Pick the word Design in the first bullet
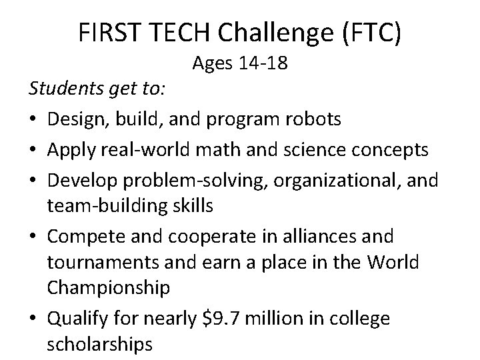click(x=77, y=119)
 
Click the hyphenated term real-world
click(x=152, y=150)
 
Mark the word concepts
click(x=391, y=150)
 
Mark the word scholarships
click(x=100, y=345)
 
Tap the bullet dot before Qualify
click(x=33, y=319)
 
